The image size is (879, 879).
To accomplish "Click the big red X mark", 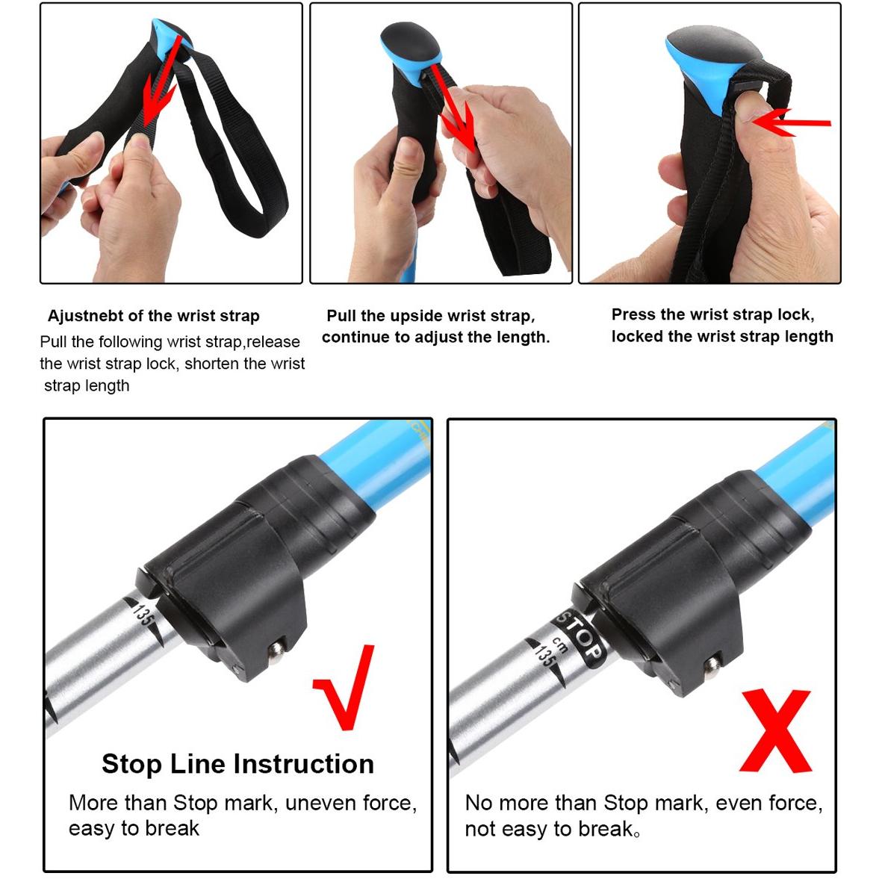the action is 777,731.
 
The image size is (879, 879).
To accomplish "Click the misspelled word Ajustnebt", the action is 85,316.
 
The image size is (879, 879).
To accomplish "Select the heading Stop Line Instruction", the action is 237,763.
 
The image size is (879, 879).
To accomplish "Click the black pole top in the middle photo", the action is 409,42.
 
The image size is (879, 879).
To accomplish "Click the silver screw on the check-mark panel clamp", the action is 276,652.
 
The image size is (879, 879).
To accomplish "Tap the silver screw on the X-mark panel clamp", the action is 712,666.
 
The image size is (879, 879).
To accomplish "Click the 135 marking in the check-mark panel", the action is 143,615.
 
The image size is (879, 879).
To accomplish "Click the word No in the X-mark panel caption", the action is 478,804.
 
